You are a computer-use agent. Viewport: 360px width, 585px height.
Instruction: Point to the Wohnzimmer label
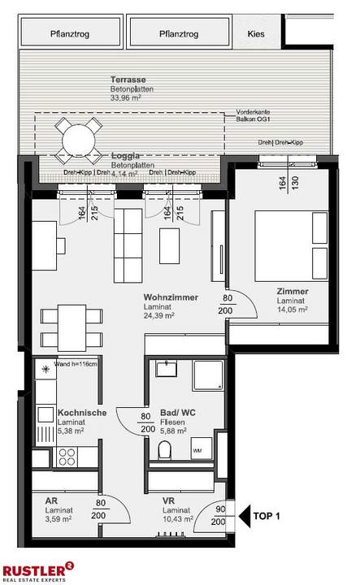pyautogui.click(x=171, y=297)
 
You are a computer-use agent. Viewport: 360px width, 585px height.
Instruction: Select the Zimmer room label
pyautogui.click(x=292, y=292)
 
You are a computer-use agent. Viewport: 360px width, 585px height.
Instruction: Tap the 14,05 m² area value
pyautogui.click(x=292, y=310)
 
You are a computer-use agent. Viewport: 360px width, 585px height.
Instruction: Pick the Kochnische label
pyautogui.click(x=81, y=413)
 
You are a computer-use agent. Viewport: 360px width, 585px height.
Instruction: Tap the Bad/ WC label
pyautogui.click(x=176, y=412)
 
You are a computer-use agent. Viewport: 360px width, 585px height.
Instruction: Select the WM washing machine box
pyautogui.click(x=197, y=449)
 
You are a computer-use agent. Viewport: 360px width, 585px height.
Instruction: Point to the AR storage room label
pyautogui.click(x=50, y=502)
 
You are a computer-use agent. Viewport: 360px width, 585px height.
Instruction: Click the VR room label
pyautogui.click(x=167, y=502)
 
